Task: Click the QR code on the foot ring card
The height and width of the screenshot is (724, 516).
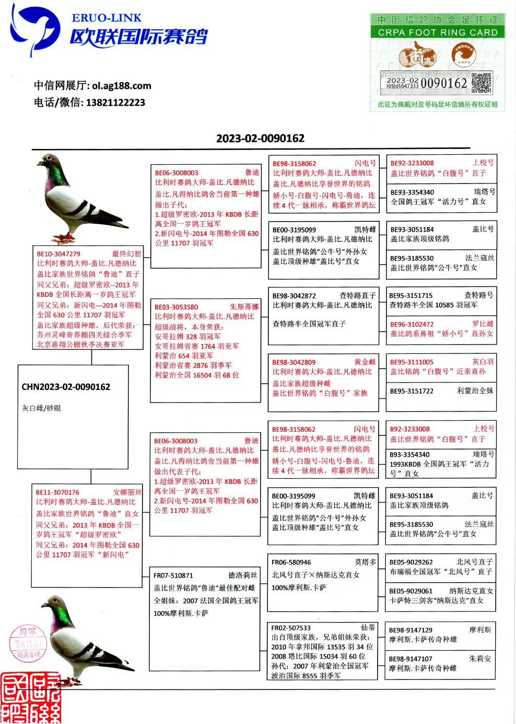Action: click(481, 84)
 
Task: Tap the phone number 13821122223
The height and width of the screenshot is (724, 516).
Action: click(115, 102)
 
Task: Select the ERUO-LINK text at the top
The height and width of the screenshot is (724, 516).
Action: click(107, 18)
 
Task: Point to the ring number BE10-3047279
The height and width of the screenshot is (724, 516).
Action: click(58, 254)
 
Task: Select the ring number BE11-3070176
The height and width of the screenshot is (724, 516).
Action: click(57, 492)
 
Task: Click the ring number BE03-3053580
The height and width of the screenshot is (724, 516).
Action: click(177, 307)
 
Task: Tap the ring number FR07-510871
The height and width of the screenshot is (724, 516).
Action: click(173, 576)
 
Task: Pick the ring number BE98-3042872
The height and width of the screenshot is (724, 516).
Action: click(294, 296)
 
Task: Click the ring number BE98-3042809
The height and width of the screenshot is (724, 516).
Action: click(294, 362)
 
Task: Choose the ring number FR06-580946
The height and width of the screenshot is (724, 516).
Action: click(291, 562)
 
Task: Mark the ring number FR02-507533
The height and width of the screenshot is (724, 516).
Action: click(291, 628)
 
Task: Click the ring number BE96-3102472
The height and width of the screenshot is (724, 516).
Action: click(412, 324)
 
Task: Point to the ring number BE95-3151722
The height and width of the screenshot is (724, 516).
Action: click(412, 391)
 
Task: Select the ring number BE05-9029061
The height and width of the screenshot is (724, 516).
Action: click(411, 591)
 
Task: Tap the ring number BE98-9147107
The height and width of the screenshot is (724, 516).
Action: click(411, 659)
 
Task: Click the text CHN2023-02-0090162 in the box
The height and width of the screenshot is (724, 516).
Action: click(66, 387)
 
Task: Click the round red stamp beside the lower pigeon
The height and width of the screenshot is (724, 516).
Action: click(28, 643)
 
